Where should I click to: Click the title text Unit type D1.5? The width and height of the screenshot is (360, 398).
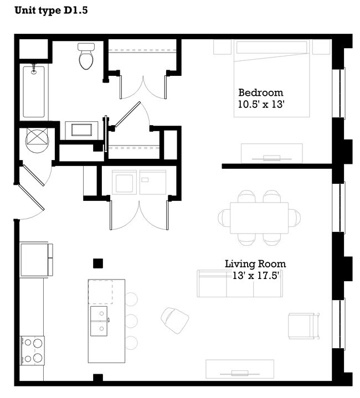50,10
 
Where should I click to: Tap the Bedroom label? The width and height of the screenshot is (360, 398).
260,92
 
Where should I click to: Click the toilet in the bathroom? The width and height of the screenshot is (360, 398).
86,56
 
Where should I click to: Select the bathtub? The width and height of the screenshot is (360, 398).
34,91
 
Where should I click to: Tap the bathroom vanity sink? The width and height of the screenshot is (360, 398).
81,131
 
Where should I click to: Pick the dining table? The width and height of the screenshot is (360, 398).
259,218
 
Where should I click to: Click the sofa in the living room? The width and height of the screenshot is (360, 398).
239,283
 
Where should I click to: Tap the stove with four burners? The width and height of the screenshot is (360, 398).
32,350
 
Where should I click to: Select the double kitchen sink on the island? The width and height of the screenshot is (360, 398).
99,321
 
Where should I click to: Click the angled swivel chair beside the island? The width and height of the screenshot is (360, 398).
175,320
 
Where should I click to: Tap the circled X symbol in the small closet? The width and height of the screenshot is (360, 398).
38,138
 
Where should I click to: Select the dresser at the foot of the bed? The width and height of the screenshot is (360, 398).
271,153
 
